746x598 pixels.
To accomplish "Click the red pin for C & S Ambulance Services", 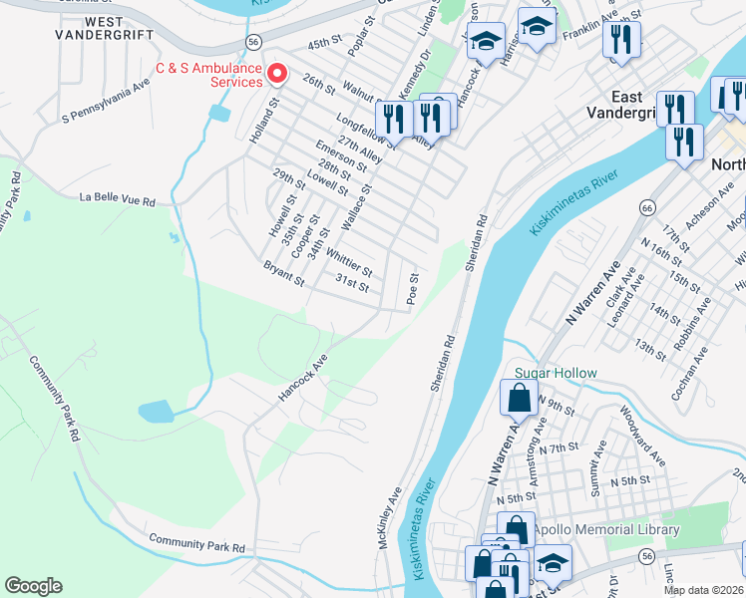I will click(279, 75).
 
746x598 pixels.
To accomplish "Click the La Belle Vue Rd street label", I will click(119, 200).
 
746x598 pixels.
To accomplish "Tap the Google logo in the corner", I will click(33, 586).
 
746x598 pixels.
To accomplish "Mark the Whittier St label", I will click(348, 264).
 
